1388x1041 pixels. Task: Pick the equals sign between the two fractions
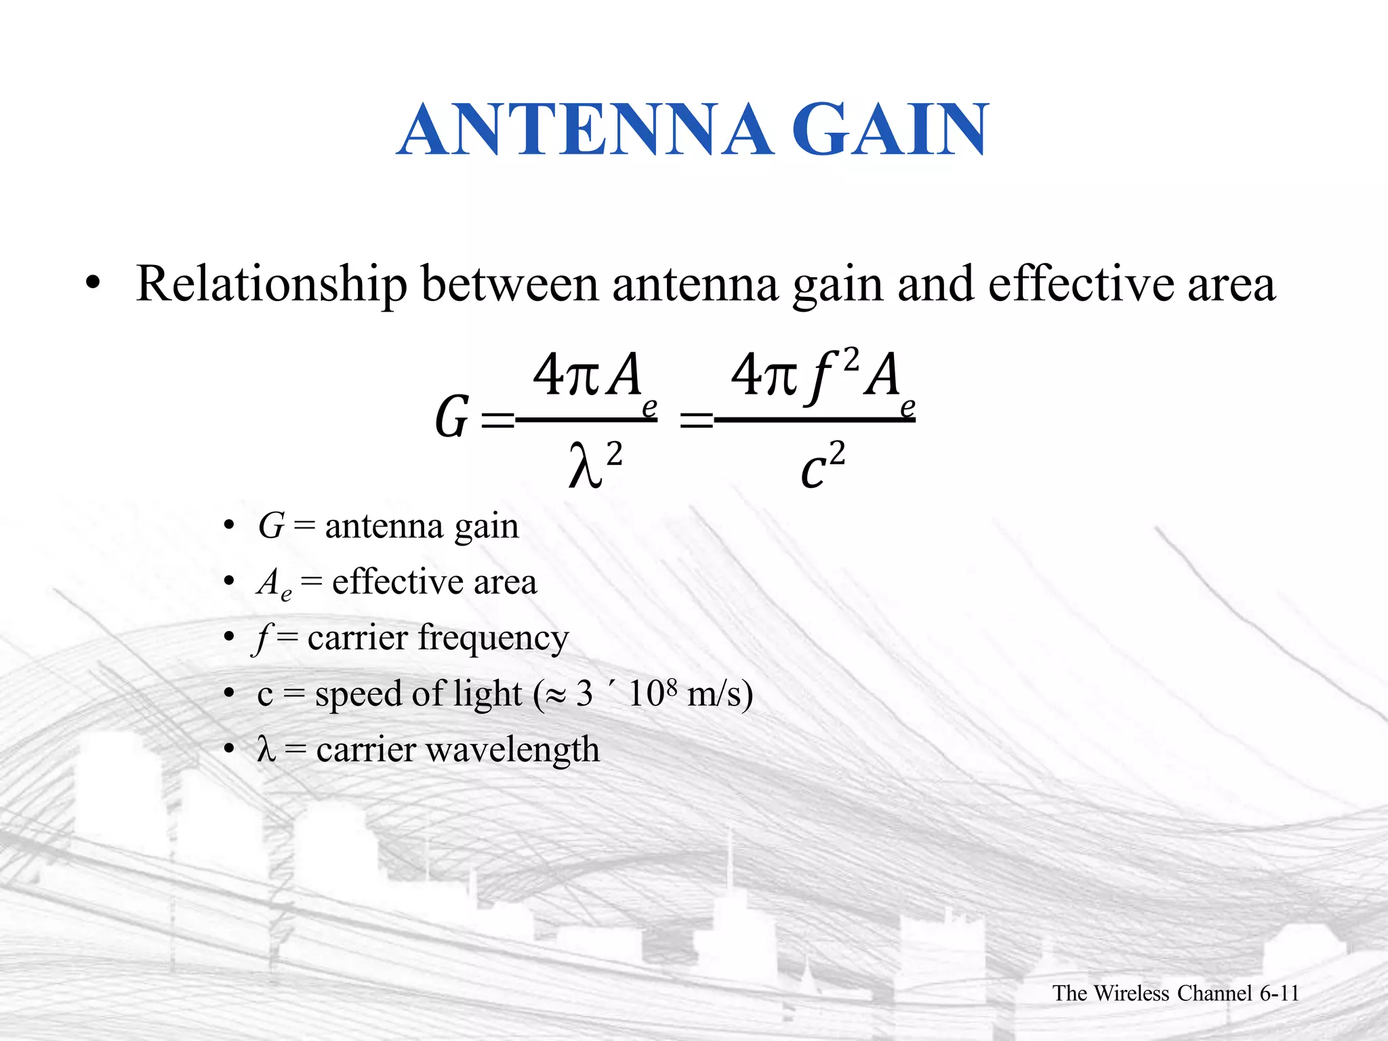[x=695, y=421]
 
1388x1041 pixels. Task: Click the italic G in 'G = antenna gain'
[x=271, y=526]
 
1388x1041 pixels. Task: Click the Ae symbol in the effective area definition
[x=274, y=584]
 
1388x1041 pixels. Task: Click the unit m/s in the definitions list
[x=718, y=694]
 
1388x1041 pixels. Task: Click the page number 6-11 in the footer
[x=1279, y=993]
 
